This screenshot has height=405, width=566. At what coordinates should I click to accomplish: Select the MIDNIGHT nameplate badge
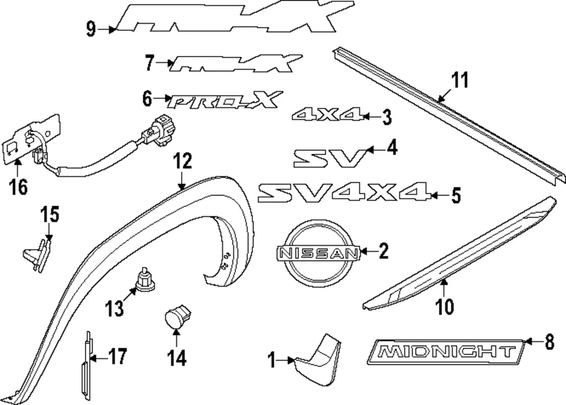pos(446,353)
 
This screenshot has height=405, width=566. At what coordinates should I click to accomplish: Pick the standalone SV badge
pos(331,157)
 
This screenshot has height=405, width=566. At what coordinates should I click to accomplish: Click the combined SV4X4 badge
pos(343,193)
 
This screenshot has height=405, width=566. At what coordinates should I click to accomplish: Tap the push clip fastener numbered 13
pos(144,279)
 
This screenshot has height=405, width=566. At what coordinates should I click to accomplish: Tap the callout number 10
pos(446,307)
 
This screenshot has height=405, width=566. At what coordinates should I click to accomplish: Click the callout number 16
pos(18,187)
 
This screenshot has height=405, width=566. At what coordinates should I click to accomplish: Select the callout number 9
pos(91,28)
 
